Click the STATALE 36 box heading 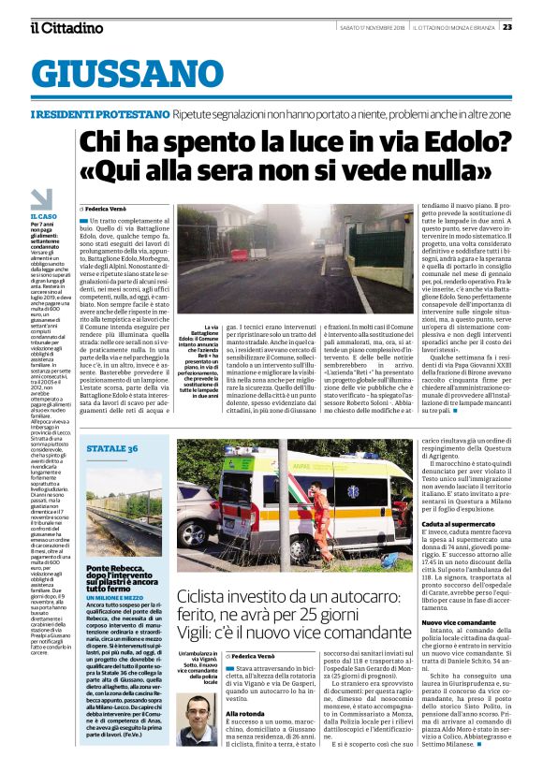(x=113, y=451)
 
